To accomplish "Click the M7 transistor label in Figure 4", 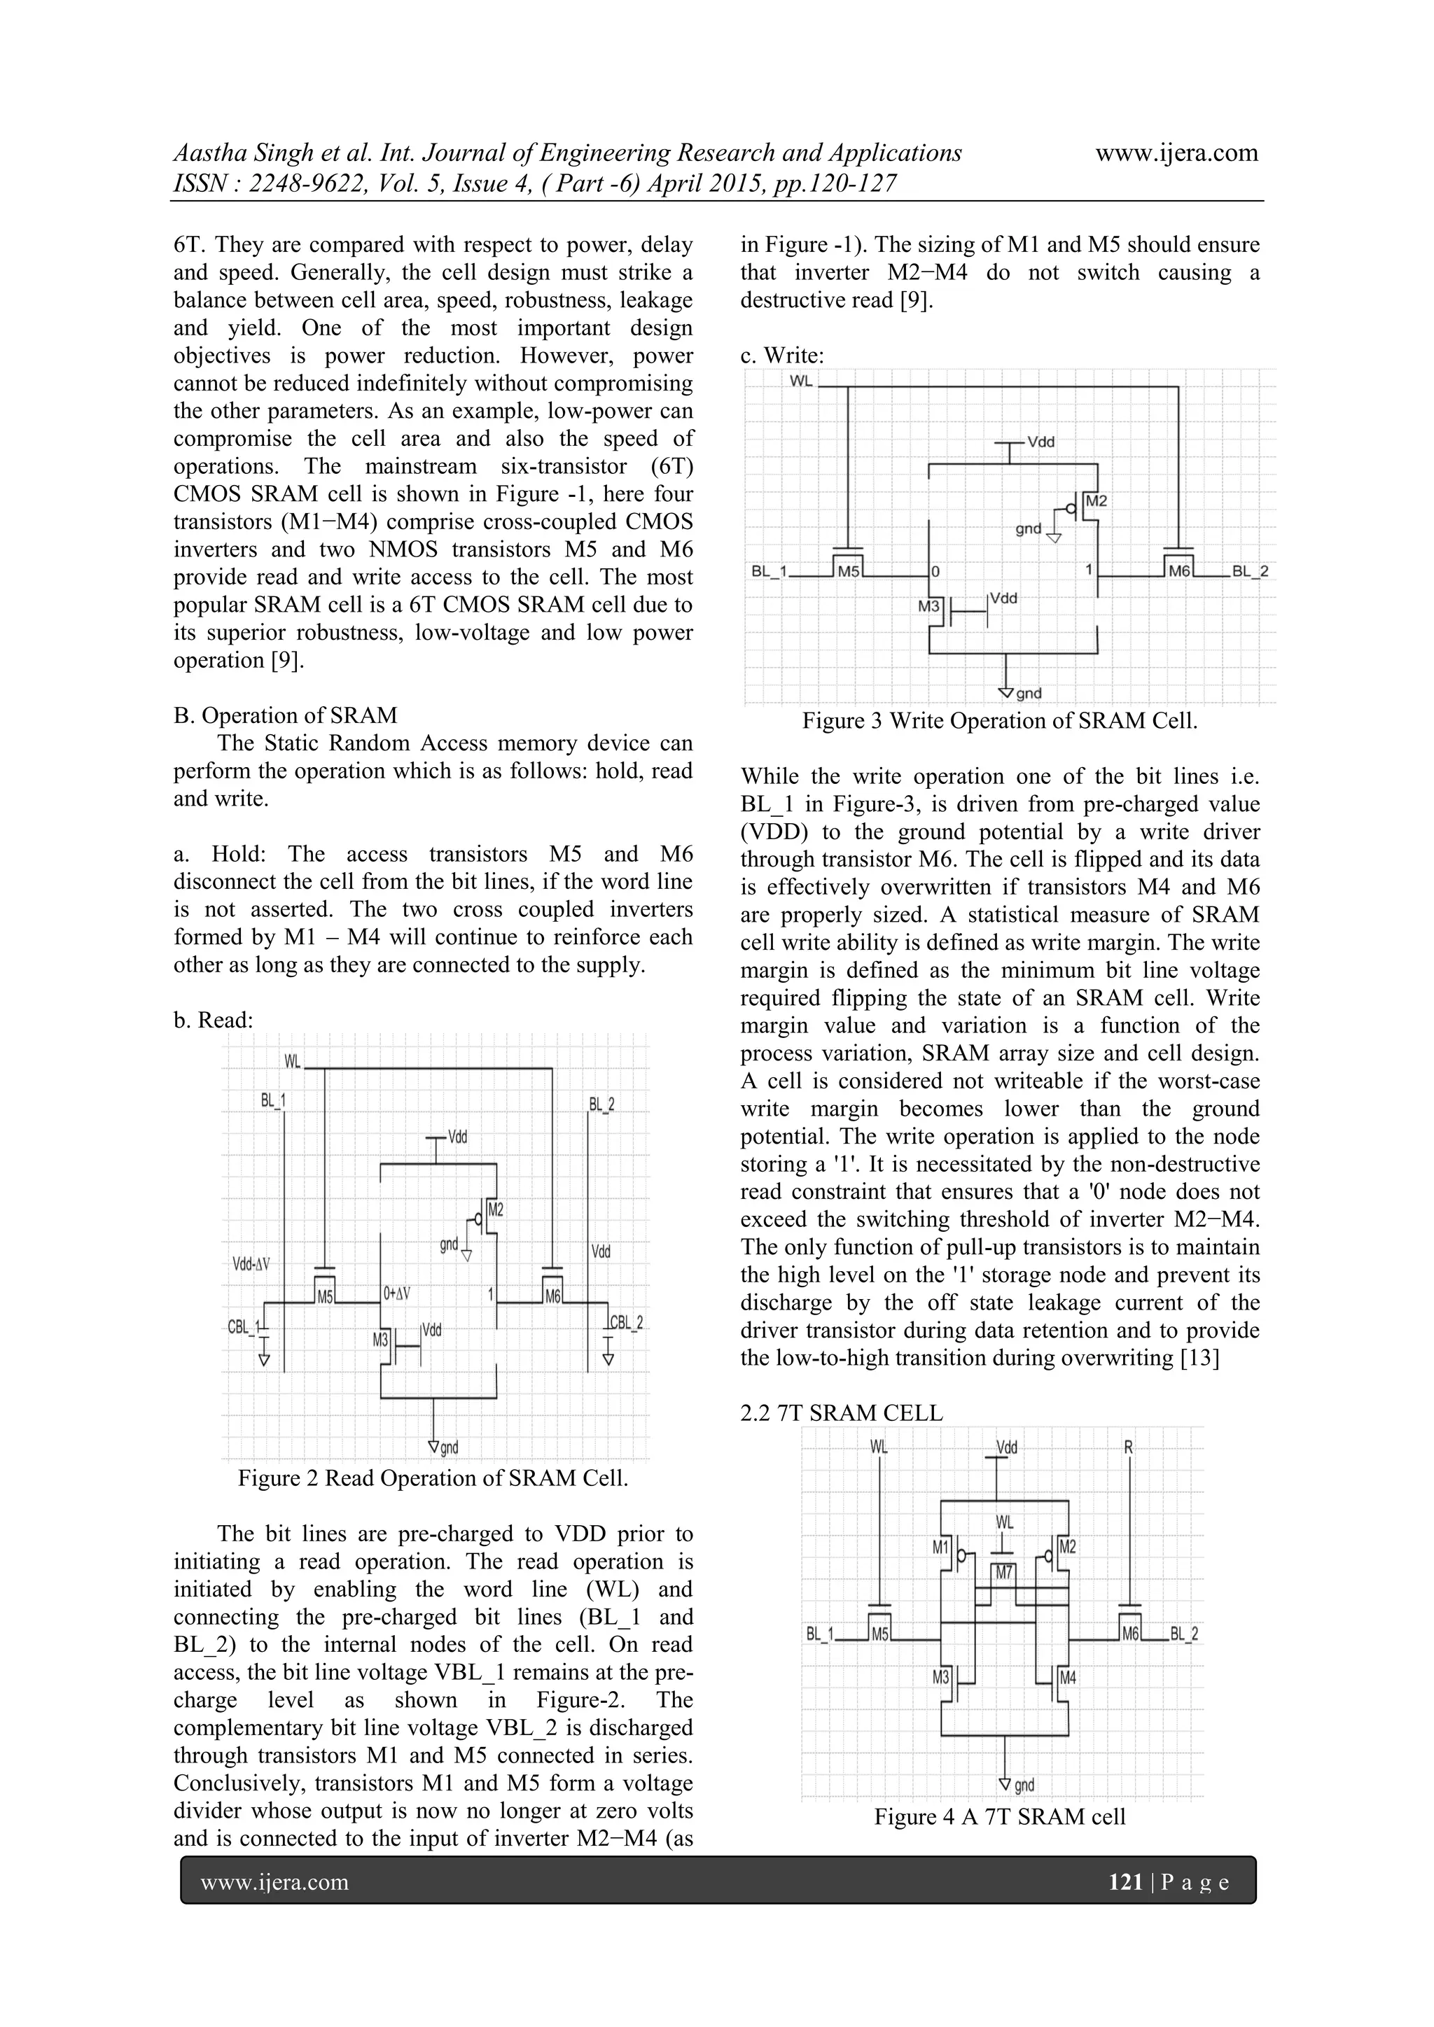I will (1004, 1572).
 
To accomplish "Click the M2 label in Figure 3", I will (1096, 501).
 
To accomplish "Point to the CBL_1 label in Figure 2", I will (243, 1326).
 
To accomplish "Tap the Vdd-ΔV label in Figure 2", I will (251, 1264).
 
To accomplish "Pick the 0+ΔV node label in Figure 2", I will (396, 1294).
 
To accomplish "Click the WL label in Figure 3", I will (801, 381).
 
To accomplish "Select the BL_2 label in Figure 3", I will (1249, 571).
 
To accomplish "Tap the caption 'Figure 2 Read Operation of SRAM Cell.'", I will (433, 1478).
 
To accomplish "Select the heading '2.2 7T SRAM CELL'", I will (841, 1412).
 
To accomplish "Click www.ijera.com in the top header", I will (1176, 153).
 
